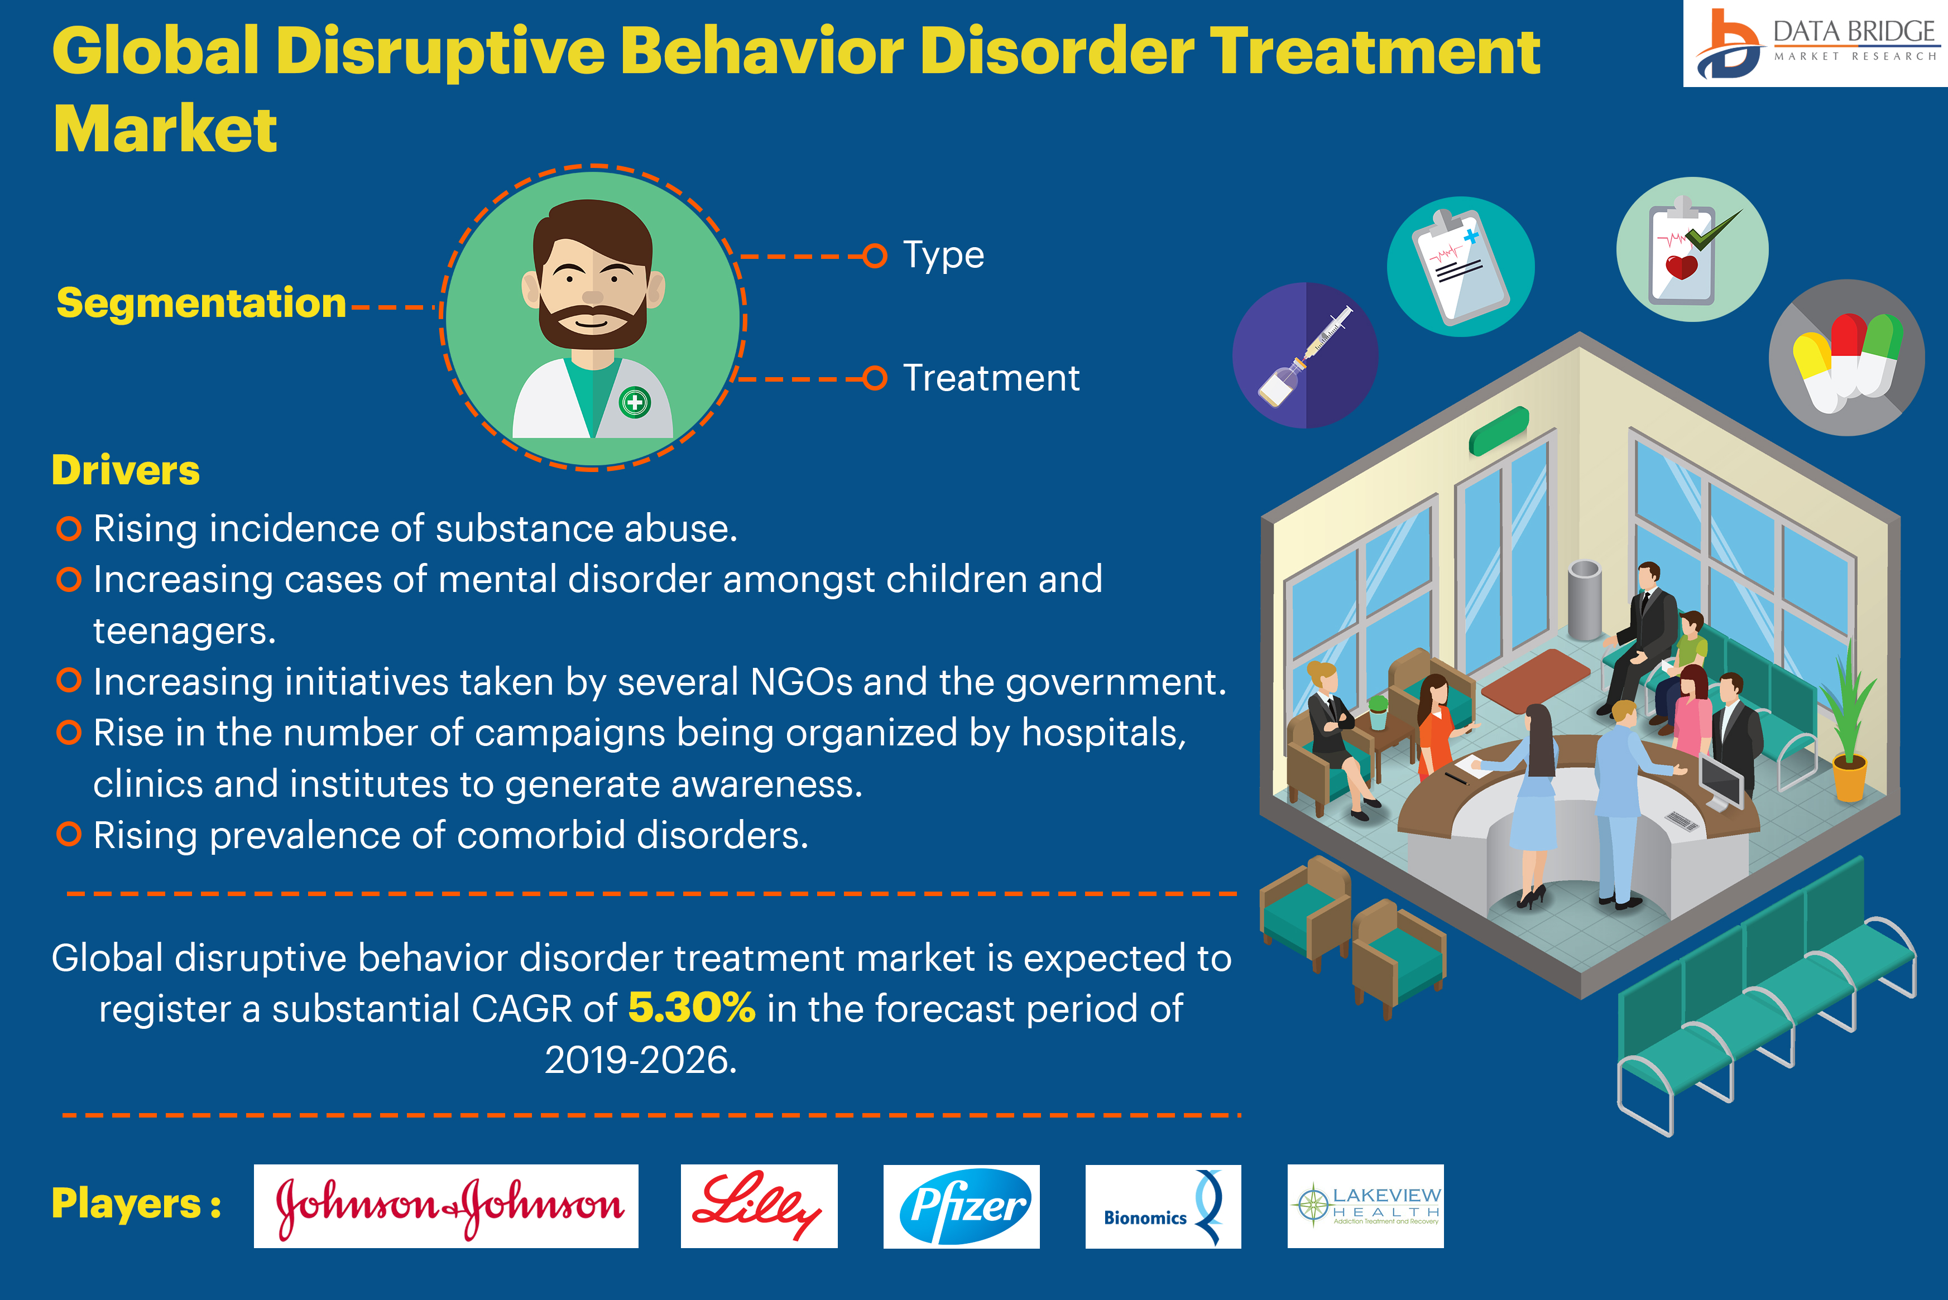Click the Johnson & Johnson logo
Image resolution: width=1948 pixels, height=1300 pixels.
pyautogui.click(x=446, y=1206)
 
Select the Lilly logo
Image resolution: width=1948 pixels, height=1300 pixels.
pyautogui.click(x=759, y=1206)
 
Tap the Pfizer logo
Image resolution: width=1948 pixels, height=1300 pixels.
pyautogui.click(x=961, y=1206)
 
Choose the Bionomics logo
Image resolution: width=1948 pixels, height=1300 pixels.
pyautogui.click(x=1163, y=1206)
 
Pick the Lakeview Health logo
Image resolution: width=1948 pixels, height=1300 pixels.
pyautogui.click(x=1365, y=1206)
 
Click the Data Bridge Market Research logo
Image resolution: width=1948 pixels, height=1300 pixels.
pyautogui.click(x=1815, y=43)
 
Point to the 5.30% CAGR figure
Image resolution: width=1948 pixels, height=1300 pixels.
pyautogui.click(x=692, y=1008)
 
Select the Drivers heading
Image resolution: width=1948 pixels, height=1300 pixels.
pyautogui.click(x=126, y=470)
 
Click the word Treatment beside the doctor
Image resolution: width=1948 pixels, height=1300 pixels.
pyautogui.click(x=991, y=378)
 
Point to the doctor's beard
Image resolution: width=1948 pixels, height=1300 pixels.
pyautogui.click(x=592, y=324)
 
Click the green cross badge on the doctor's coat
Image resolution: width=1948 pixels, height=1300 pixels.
pyautogui.click(x=635, y=403)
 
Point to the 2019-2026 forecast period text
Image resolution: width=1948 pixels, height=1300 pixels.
pyautogui.click(x=641, y=1060)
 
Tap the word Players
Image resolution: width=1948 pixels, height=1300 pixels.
pyautogui.click(x=126, y=1204)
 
